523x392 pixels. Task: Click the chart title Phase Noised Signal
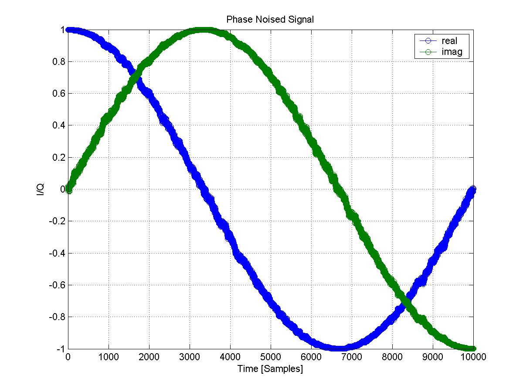click(x=270, y=19)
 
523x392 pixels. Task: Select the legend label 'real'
click(x=449, y=41)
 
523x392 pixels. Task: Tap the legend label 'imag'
click(x=452, y=52)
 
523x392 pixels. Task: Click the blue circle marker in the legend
click(x=428, y=41)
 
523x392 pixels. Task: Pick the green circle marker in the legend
click(x=428, y=52)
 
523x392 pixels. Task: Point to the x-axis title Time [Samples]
click(x=270, y=368)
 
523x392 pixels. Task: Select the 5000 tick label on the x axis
click(x=271, y=357)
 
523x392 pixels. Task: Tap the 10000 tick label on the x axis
click(x=473, y=357)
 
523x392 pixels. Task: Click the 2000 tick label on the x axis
click(x=149, y=357)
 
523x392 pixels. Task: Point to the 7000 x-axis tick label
click(x=352, y=357)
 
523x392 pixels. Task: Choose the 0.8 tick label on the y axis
click(x=58, y=62)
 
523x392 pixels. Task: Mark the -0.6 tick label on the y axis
click(x=57, y=285)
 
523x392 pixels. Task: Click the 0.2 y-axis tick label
click(x=58, y=157)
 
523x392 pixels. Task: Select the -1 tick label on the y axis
click(x=61, y=349)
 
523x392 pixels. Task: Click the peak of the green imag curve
click(x=203, y=30)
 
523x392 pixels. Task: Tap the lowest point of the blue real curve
click(x=338, y=348)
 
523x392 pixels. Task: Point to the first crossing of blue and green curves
click(x=136, y=78)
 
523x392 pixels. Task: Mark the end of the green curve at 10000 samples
click(x=473, y=348)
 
